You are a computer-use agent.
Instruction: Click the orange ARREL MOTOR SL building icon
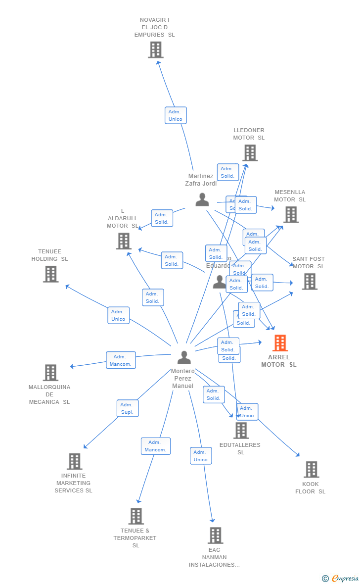pos(280,343)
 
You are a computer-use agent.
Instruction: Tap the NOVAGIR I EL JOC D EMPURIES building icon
pos(155,49)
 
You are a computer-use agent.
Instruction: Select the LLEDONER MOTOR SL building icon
pos(250,153)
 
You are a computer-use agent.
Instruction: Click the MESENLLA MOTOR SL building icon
pos(291,215)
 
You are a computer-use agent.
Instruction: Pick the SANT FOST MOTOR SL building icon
pos(310,282)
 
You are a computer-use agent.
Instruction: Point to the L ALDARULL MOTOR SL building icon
pos(123,241)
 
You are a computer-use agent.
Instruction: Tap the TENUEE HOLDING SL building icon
pos(50,274)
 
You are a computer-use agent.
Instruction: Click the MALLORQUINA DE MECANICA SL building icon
pos(50,373)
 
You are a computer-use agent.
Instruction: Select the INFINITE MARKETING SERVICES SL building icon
pos(74,461)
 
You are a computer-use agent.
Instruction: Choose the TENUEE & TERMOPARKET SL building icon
pos(136,516)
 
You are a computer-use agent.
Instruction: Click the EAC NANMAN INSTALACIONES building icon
pos(215,535)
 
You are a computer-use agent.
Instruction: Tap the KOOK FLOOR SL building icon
pos(311,469)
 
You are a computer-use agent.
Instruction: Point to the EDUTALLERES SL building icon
pos(241,431)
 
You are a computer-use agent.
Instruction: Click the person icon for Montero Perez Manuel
pos(184,357)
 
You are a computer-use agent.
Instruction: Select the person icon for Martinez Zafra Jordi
pos(202,199)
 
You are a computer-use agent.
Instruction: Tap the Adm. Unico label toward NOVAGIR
pos(176,115)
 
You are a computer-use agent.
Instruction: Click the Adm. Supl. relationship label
pos(128,408)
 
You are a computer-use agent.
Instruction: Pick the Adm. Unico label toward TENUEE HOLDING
pos(118,315)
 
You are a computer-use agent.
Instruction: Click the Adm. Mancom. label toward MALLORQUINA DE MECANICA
pos(121,360)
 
